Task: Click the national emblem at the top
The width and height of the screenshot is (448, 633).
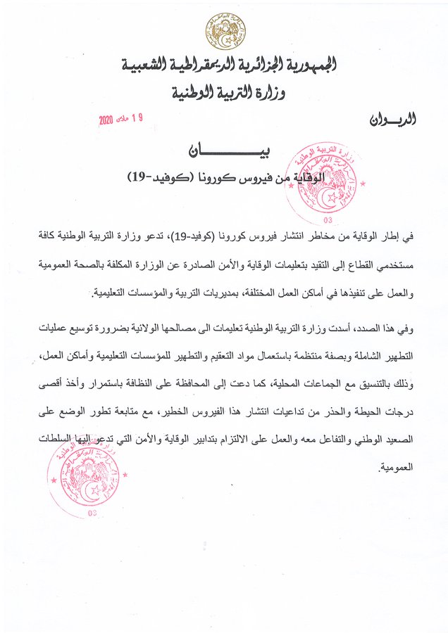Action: coord(223,31)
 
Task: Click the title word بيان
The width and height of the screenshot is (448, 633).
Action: coord(224,152)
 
